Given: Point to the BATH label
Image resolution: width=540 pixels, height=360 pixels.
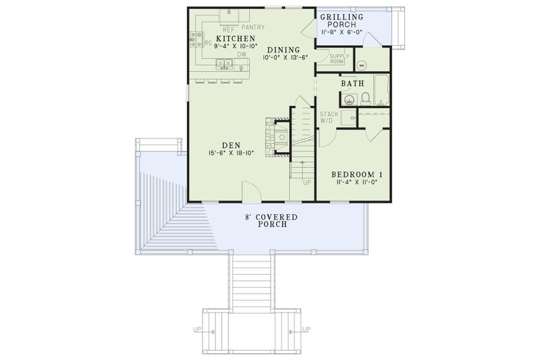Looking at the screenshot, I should point(352,84).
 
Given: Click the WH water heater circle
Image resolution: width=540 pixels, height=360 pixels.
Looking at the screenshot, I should point(361,65).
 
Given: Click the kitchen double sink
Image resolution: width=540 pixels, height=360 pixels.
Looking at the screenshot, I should point(224,64).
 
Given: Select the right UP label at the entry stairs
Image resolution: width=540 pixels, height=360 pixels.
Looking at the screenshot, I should point(306,330).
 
